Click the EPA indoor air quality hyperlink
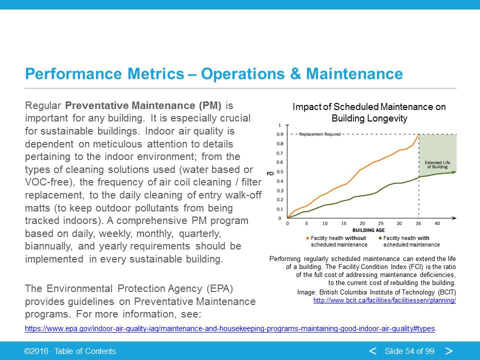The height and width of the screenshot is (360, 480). [230, 328]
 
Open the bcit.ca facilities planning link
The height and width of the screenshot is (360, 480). [384, 300]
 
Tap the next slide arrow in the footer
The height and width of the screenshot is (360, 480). [449, 351]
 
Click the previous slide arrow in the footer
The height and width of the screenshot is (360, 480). [373, 351]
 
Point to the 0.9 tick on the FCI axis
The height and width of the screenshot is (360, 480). [280, 134]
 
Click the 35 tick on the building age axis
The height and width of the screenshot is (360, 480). [418, 223]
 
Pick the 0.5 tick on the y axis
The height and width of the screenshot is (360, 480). [280, 171]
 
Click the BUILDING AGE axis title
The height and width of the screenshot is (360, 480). [368, 230]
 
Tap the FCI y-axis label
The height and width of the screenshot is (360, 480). [270, 173]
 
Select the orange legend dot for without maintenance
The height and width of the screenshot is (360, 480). [307, 238]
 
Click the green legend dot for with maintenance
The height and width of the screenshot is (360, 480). [380, 238]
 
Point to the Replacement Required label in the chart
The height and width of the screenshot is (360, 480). [320, 134]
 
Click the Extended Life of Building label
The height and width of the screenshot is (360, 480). [437, 164]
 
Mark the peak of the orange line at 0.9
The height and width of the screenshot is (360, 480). [419, 134]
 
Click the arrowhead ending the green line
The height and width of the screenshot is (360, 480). [454, 171]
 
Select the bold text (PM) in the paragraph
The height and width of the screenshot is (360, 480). [210, 105]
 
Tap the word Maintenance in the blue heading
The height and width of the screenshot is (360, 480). [354, 74]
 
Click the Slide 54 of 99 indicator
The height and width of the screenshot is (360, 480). [409, 351]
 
